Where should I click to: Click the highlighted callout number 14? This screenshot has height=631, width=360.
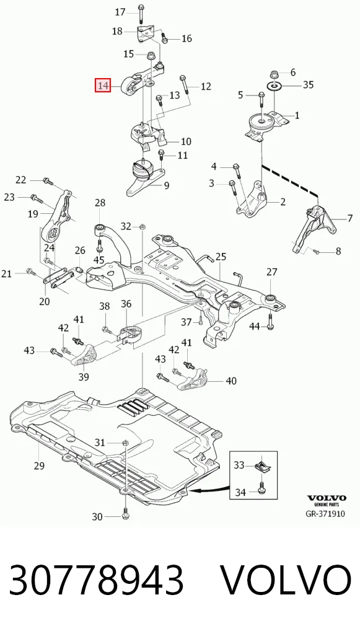click(x=103, y=86)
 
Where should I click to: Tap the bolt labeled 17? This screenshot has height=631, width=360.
click(x=141, y=13)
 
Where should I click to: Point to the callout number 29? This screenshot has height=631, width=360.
click(x=39, y=466)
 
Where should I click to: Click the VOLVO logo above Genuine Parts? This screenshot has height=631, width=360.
click(x=326, y=498)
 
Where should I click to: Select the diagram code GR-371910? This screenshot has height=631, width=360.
click(x=325, y=513)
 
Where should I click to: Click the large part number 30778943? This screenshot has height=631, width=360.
click(x=97, y=580)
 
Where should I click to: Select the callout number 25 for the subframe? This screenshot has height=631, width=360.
click(x=221, y=257)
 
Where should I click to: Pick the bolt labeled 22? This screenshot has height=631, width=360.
click(x=48, y=181)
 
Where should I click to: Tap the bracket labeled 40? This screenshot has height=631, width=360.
click(x=193, y=380)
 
